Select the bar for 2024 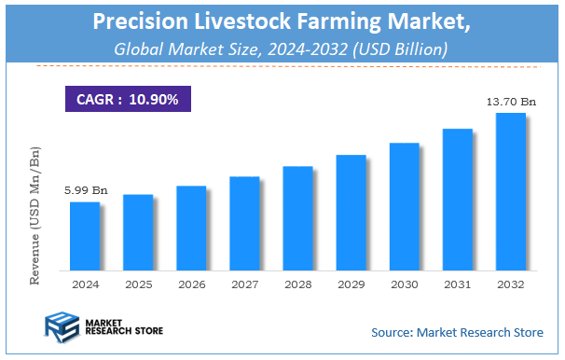pos(85,234)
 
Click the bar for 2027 pos(244,221)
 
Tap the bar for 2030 pos(404,204)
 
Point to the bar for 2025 pos(138,230)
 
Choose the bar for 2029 pos(351,211)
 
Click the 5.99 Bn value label pos(86,190)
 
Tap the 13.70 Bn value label pos(510,102)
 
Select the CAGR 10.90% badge pos(127,98)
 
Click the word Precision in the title pos(149,23)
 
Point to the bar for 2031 pos(457,198)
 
